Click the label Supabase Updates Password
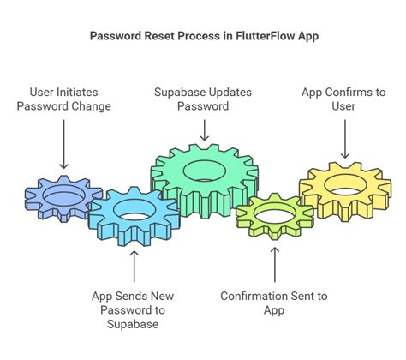click(203, 99)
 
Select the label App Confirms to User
click(343, 99)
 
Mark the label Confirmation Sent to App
click(274, 303)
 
